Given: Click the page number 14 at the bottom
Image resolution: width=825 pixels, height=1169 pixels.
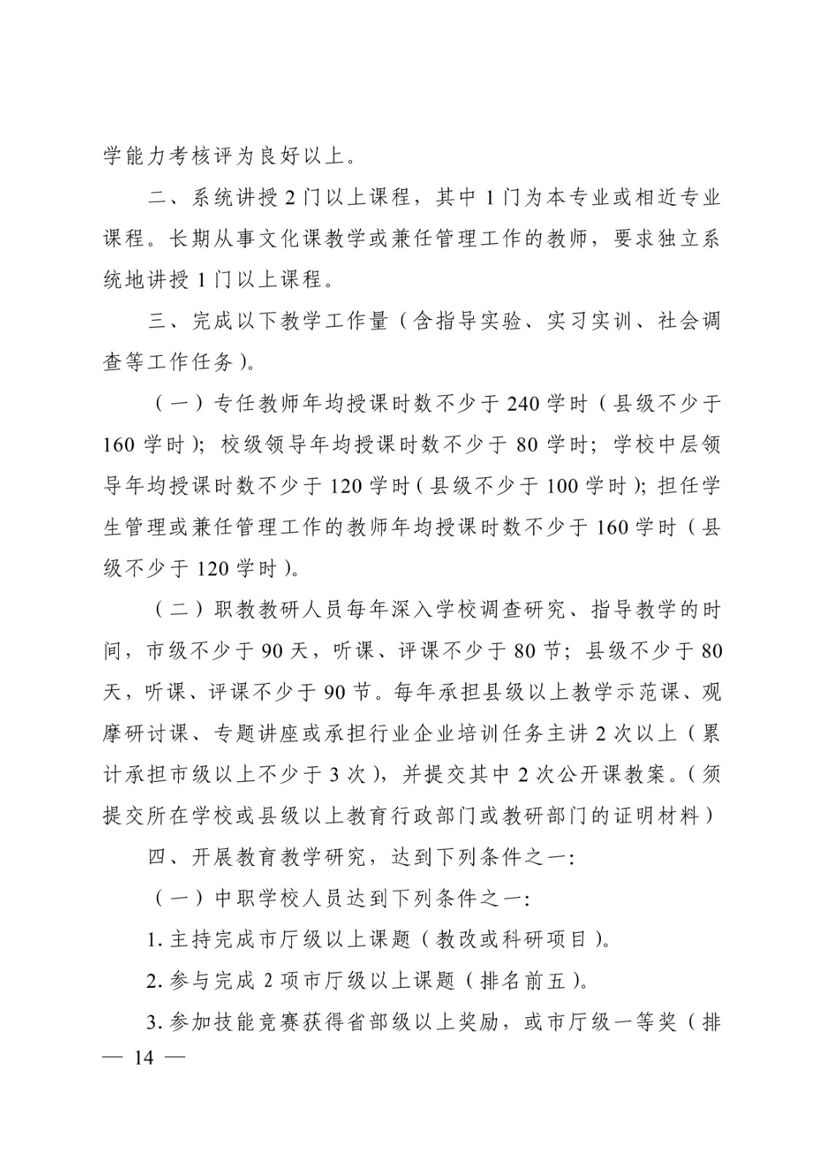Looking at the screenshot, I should tap(144, 1057).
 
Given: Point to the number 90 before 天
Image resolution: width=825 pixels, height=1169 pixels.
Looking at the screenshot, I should tap(272, 650).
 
